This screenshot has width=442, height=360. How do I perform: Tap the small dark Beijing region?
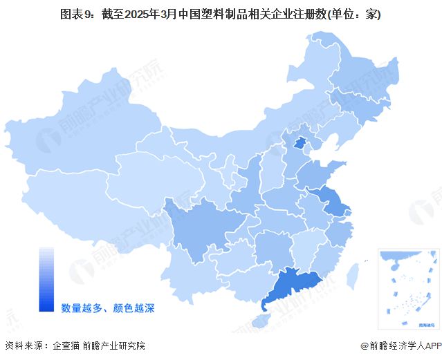point(299,143)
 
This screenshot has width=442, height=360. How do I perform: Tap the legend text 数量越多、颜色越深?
point(107,307)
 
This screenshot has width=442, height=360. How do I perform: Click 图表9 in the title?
point(75,14)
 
